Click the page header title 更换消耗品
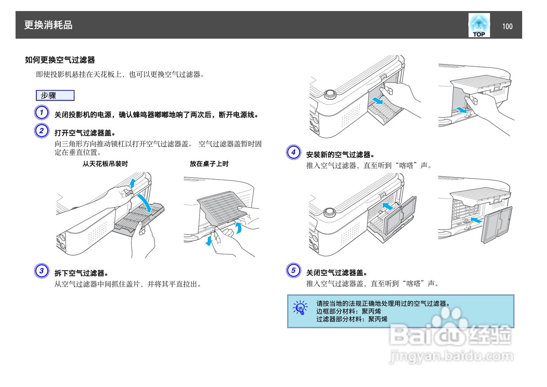[x=48, y=25]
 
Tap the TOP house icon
[x=479, y=25]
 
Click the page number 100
[x=507, y=27]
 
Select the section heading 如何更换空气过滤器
[x=60, y=60]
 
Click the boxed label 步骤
[x=55, y=95]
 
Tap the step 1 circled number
[x=41, y=113]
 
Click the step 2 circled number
[x=41, y=131]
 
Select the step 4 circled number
[x=293, y=152]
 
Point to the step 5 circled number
[x=293, y=270]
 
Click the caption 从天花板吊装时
[x=105, y=164]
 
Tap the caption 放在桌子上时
[x=209, y=164]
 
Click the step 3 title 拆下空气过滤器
[x=81, y=273]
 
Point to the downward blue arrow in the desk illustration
[x=209, y=241]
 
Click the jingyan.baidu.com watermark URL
[x=451, y=356]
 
